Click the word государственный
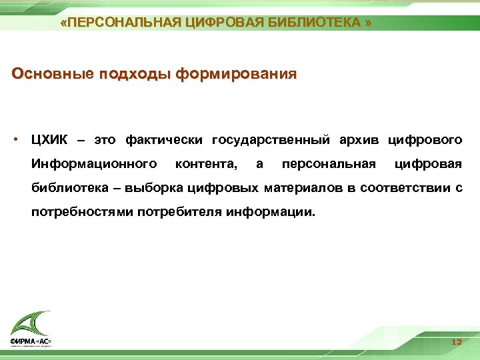click(270, 140)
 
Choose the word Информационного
click(94, 164)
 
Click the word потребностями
click(82, 212)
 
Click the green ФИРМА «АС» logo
click(31, 330)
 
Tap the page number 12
click(456, 341)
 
